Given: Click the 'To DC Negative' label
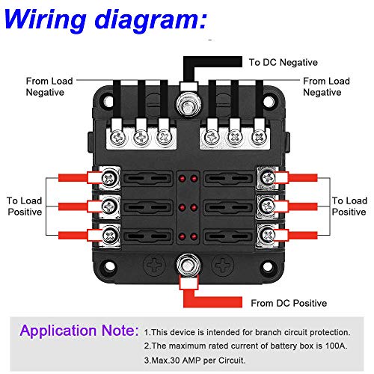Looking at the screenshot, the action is click(283, 62).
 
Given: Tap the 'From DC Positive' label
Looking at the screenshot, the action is click(289, 303).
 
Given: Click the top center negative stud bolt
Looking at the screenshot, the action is click(188, 105).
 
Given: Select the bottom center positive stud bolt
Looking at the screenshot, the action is click(188, 266).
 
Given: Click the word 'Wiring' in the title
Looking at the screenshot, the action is click(45, 19).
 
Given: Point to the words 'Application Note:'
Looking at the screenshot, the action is click(79, 331).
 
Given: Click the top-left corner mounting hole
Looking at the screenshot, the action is click(108, 102).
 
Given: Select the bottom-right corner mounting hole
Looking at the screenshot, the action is click(269, 266).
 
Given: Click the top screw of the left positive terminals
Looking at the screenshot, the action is click(110, 178).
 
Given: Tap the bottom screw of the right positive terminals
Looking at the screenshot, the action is click(268, 235).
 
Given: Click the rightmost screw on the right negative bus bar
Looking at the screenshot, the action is click(260, 138).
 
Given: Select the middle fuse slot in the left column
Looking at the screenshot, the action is click(147, 207).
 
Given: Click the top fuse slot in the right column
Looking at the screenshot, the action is click(228, 178).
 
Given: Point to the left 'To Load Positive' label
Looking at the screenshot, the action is click(25, 206).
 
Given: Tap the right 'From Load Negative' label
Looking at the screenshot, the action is click(326, 87).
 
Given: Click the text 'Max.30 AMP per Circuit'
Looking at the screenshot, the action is click(198, 361).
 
